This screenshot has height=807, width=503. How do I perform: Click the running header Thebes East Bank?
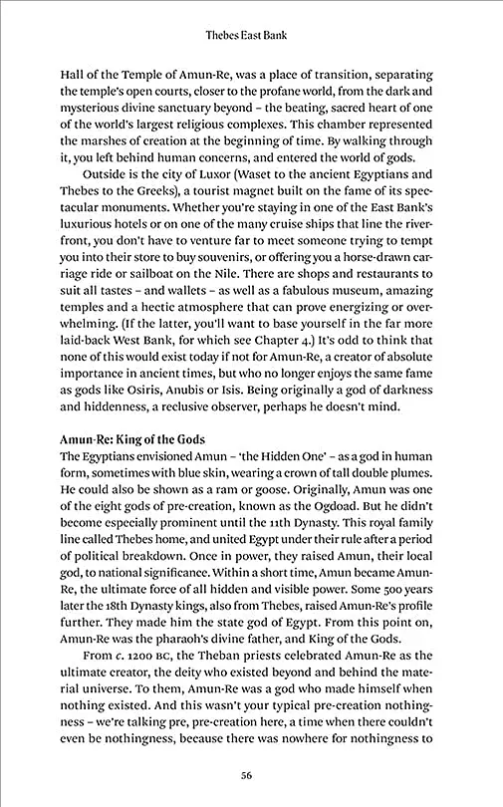coord(251,36)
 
